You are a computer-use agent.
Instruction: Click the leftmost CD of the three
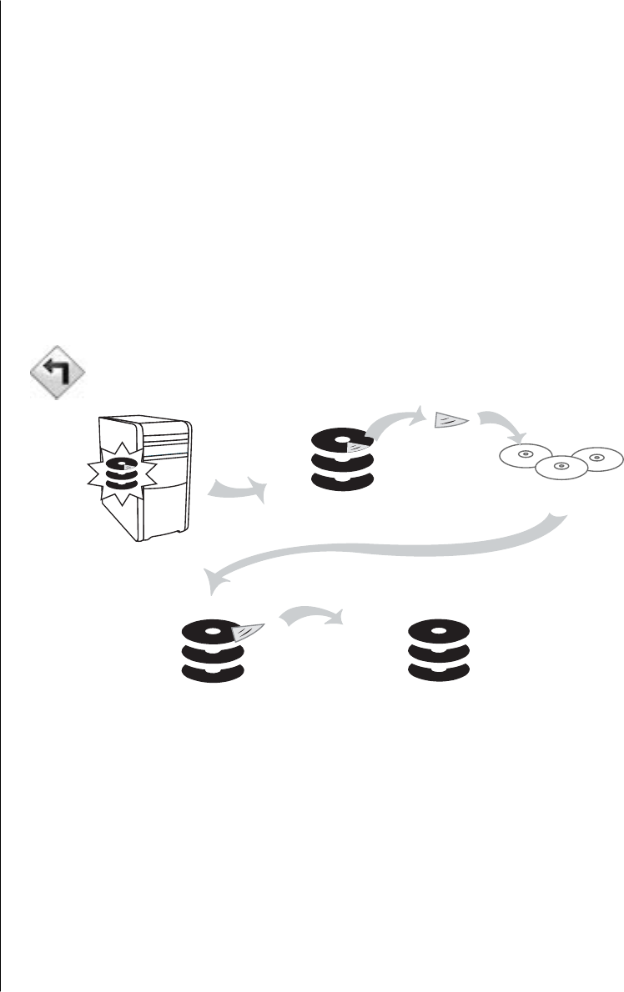point(526,455)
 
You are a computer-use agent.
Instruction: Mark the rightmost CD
point(595,457)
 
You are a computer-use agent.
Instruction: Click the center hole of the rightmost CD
point(595,457)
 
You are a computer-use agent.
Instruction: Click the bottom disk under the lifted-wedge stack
point(213,670)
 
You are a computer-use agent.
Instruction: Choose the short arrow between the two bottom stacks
point(310,615)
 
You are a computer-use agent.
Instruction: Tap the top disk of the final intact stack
point(438,629)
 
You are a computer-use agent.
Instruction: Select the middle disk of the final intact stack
point(438,651)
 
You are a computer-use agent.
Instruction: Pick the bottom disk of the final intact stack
point(438,670)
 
